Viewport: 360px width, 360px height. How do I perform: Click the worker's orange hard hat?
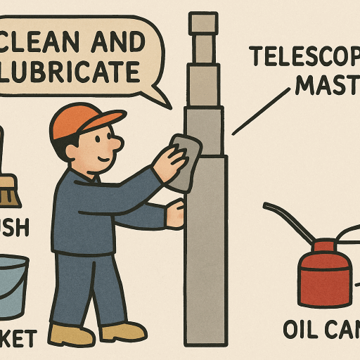[x=75, y=120]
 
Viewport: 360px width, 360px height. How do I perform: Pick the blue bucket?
[x=13, y=285]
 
